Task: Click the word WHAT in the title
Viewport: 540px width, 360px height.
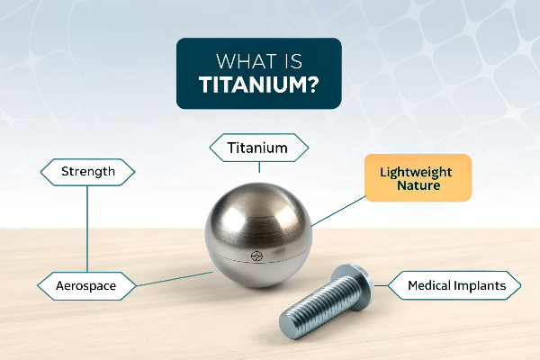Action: coord(239,61)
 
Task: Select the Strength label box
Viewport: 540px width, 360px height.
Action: coord(88,172)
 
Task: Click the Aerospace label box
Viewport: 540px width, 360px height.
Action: coord(86,286)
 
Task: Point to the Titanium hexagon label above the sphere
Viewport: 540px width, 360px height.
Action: coord(258,148)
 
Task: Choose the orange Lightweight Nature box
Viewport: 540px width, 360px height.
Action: coord(418,178)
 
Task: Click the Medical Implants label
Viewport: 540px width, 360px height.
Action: coord(454,285)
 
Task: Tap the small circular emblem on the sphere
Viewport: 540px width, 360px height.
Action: coord(256,256)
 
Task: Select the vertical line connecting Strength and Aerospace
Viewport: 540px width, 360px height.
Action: coord(87,229)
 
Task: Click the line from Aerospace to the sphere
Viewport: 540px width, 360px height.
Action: coord(175,279)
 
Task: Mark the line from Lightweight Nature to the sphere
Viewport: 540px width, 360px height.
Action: coord(338,211)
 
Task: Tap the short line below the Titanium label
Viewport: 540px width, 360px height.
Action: coord(259,167)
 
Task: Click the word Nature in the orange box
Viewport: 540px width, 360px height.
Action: coord(418,185)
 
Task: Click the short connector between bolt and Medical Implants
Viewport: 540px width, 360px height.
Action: coord(381,285)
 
